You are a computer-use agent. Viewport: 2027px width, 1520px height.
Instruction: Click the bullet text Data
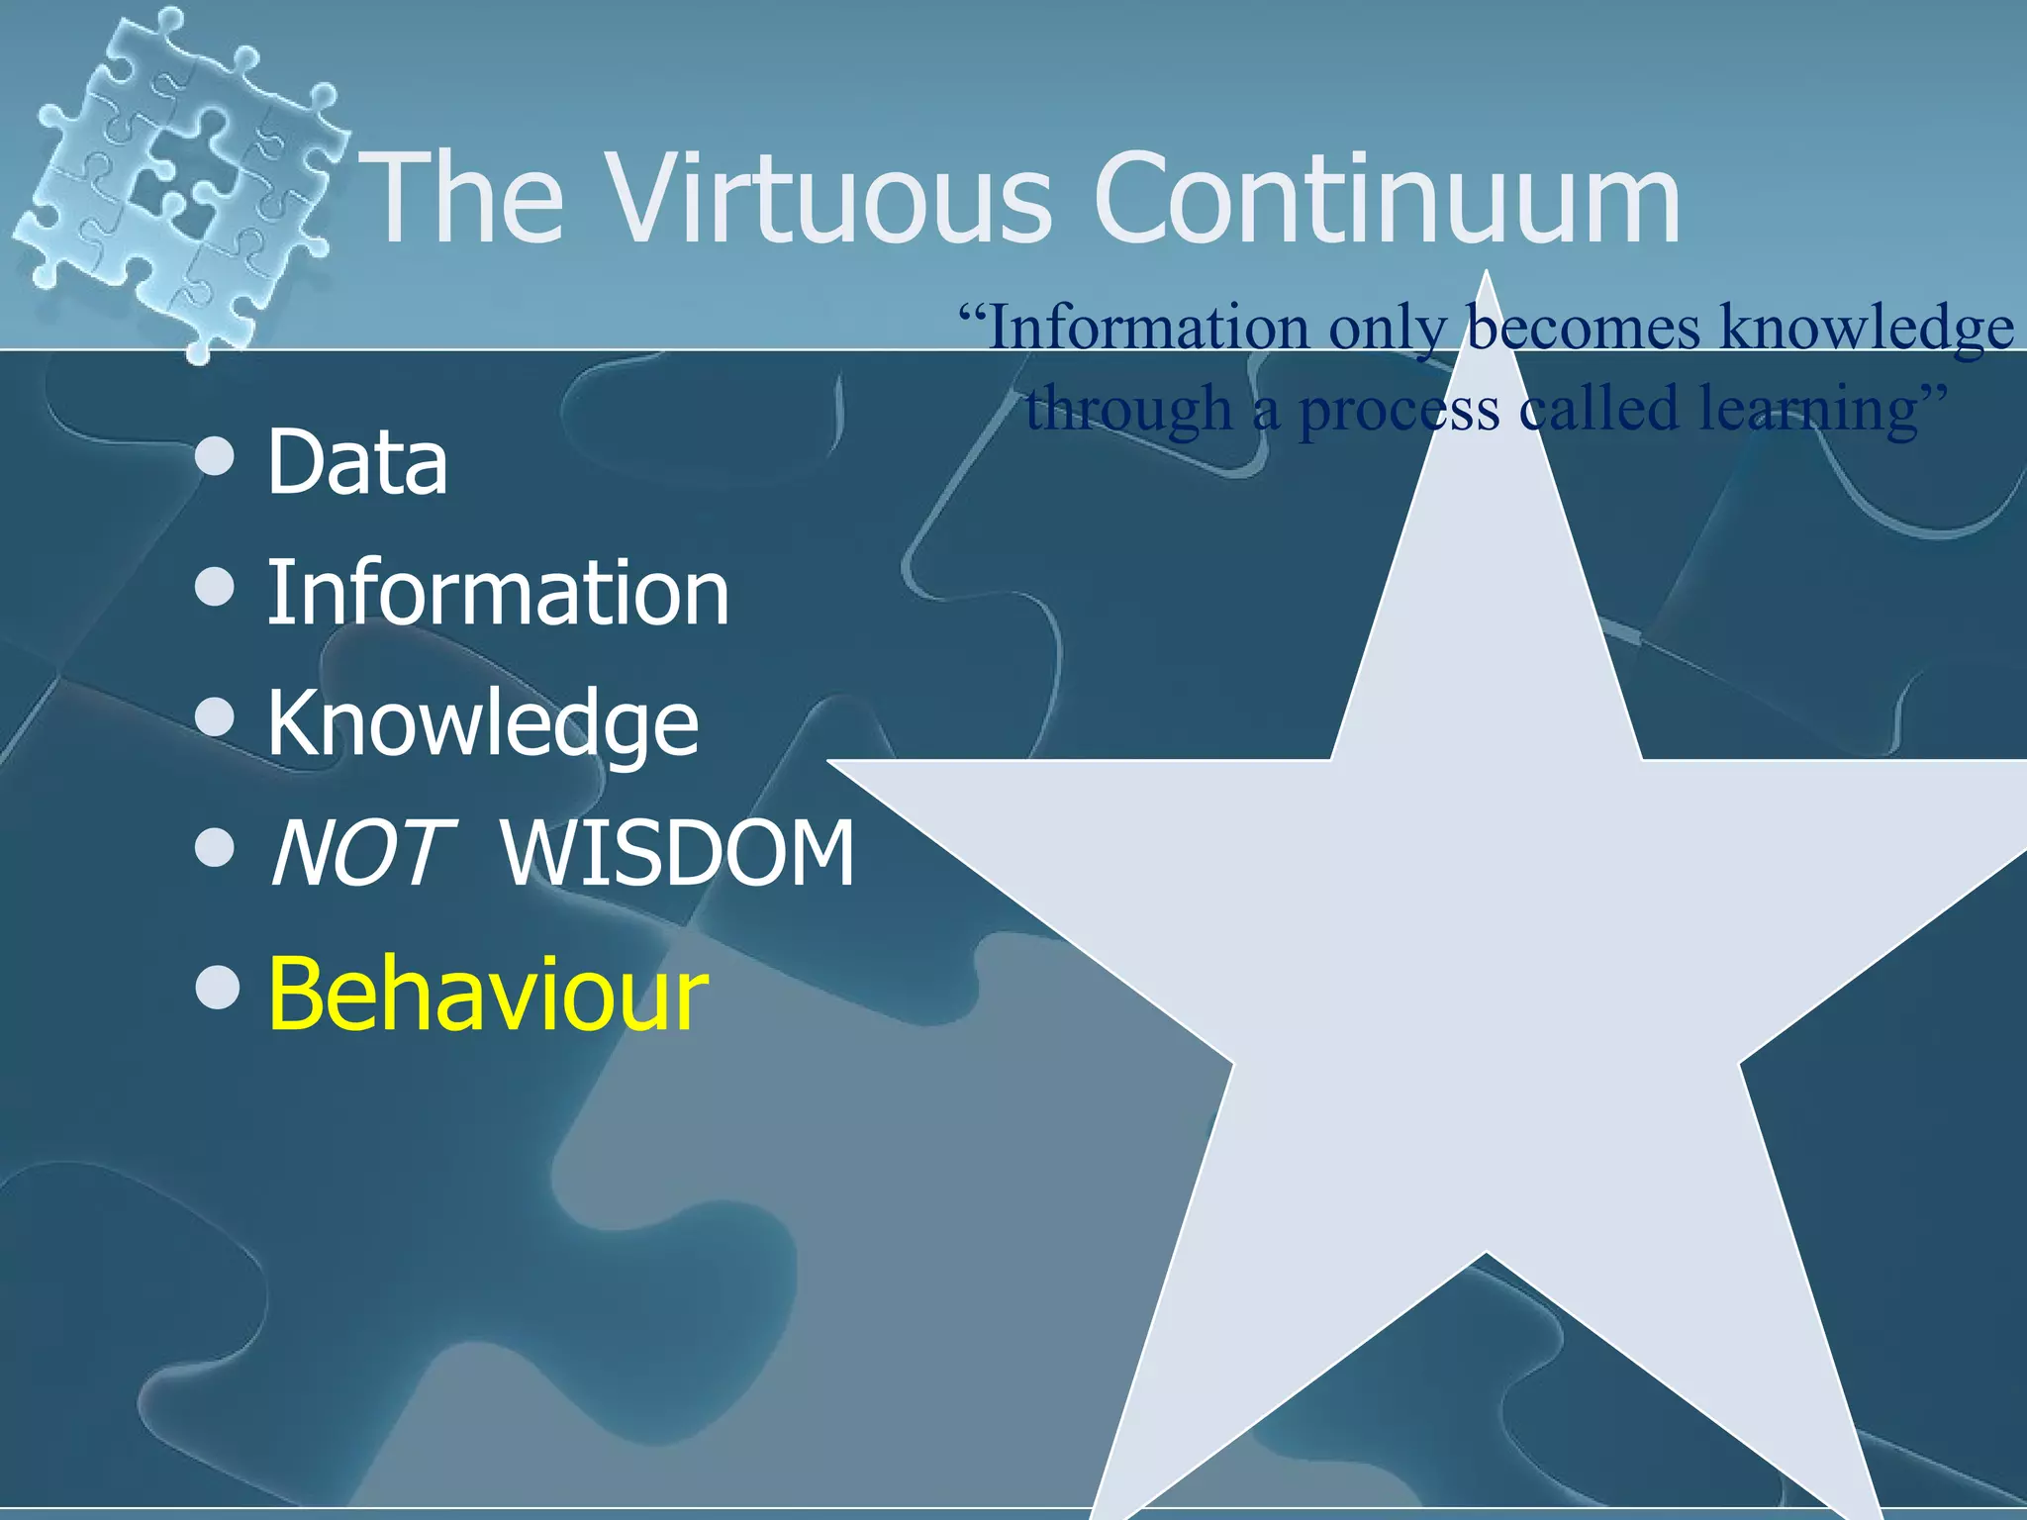(x=357, y=462)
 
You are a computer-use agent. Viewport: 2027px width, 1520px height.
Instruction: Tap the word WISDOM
(x=678, y=853)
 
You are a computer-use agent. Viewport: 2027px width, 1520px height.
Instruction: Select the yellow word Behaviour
(x=488, y=995)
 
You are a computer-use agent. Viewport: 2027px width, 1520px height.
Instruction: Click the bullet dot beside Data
(x=216, y=458)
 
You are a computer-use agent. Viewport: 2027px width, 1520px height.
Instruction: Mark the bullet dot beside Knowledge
(x=216, y=717)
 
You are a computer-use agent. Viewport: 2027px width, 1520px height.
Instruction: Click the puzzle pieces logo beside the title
(x=178, y=178)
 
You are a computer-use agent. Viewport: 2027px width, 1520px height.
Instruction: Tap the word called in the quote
(x=1599, y=408)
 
